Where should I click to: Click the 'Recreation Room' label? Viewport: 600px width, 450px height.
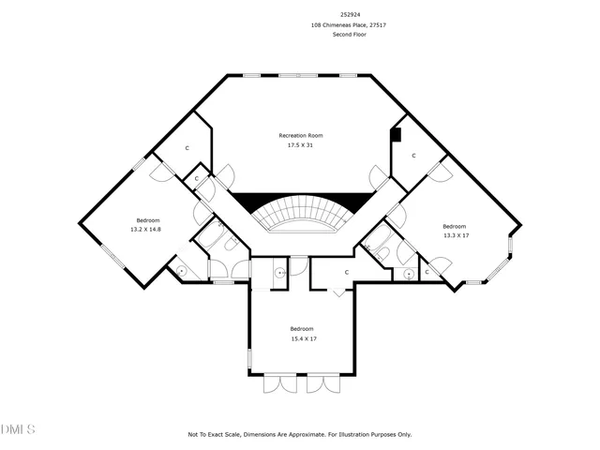(x=300, y=136)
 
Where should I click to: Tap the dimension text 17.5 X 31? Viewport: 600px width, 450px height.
(x=300, y=145)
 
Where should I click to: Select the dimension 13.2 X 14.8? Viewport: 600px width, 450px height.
(x=145, y=229)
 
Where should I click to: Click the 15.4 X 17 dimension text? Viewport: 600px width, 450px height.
(x=301, y=338)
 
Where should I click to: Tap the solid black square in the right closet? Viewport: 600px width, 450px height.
(x=396, y=135)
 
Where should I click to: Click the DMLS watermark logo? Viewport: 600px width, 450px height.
(x=18, y=429)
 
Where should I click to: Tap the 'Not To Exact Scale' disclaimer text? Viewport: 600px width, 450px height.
(x=300, y=435)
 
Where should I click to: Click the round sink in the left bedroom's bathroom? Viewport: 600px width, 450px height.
(x=181, y=272)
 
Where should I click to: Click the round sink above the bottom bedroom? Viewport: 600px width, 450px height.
(x=279, y=272)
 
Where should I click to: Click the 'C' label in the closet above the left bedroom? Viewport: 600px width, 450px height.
(x=187, y=148)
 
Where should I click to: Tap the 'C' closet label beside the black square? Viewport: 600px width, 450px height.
(x=412, y=156)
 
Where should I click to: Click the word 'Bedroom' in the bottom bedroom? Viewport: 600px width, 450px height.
(x=301, y=328)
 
